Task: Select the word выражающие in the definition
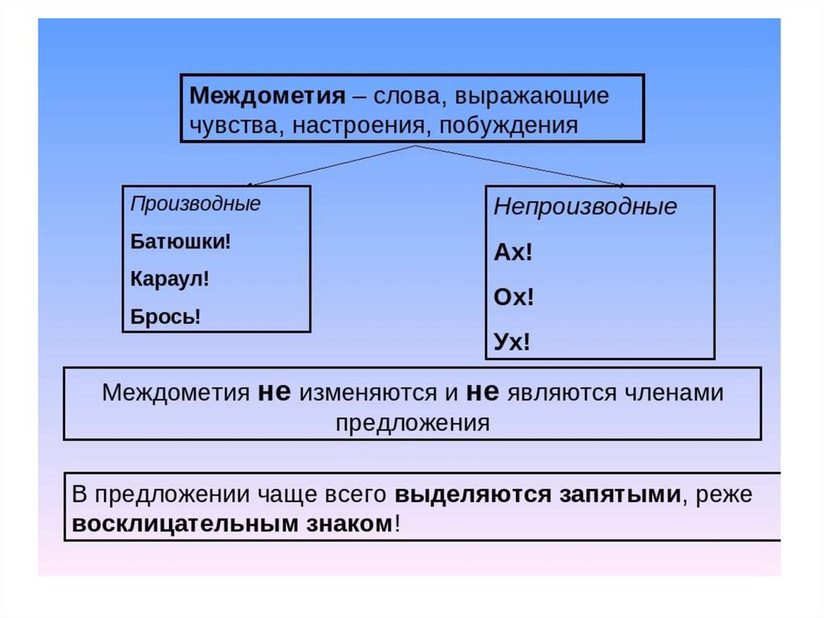pos(531,96)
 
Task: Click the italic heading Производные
pos(196,204)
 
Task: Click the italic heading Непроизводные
pos(585,207)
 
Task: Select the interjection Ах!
pos(513,252)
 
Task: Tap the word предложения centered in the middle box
pos(412,423)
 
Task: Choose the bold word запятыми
pos(620,494)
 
